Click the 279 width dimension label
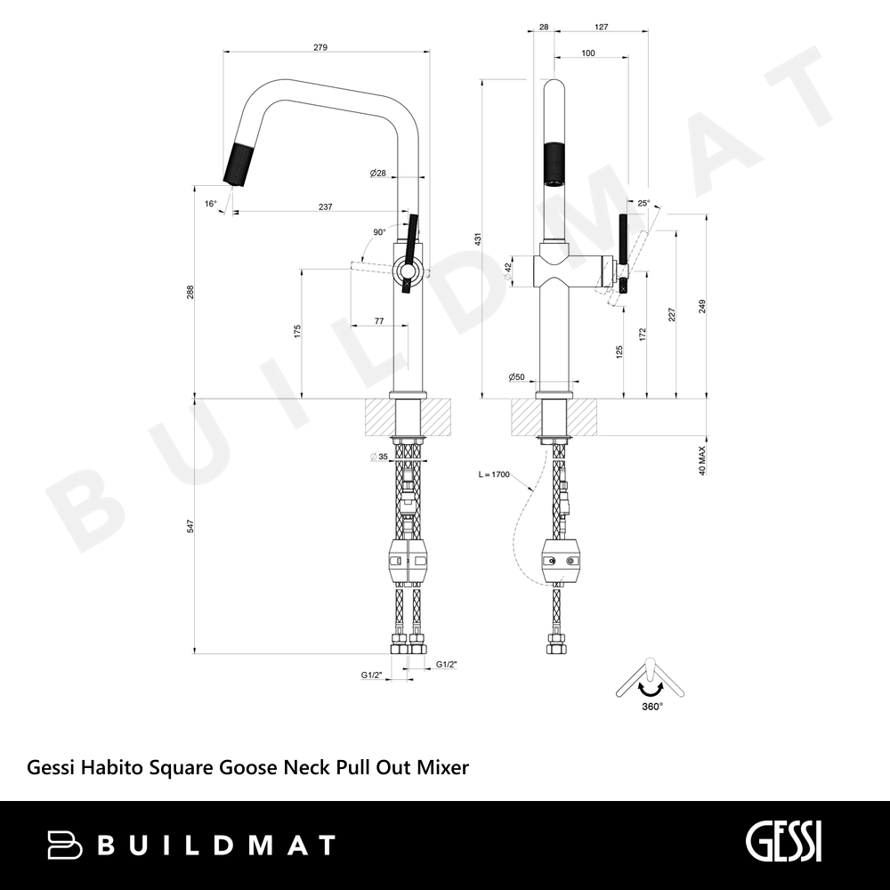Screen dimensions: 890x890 click(x=320, y=48)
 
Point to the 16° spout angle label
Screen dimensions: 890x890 click(x=211, y=204)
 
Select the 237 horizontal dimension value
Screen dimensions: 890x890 click(x=325, y=207)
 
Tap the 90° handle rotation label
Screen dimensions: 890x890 click(x=379, y=232)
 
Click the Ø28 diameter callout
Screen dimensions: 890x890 click(x=377, y=174)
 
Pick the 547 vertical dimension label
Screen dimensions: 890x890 click(x=190, y=526)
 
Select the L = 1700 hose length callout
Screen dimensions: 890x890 click(x=494, y=474)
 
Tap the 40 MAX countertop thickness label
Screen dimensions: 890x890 click(x=702, y=460)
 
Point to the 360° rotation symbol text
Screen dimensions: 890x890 click(x=652, y=707)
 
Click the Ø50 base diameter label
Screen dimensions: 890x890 click(x=516, y=376)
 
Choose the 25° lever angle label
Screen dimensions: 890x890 click(x=643, y=203)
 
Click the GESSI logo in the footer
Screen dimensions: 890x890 click(x=783, y=843)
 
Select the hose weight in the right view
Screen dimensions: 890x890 click(x=560, y=562)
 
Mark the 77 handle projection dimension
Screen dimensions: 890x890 click(x=379, y=321)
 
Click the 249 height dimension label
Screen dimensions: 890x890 click(x=702, y=306)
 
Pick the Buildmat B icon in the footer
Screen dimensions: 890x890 click(x=64, y=845)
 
